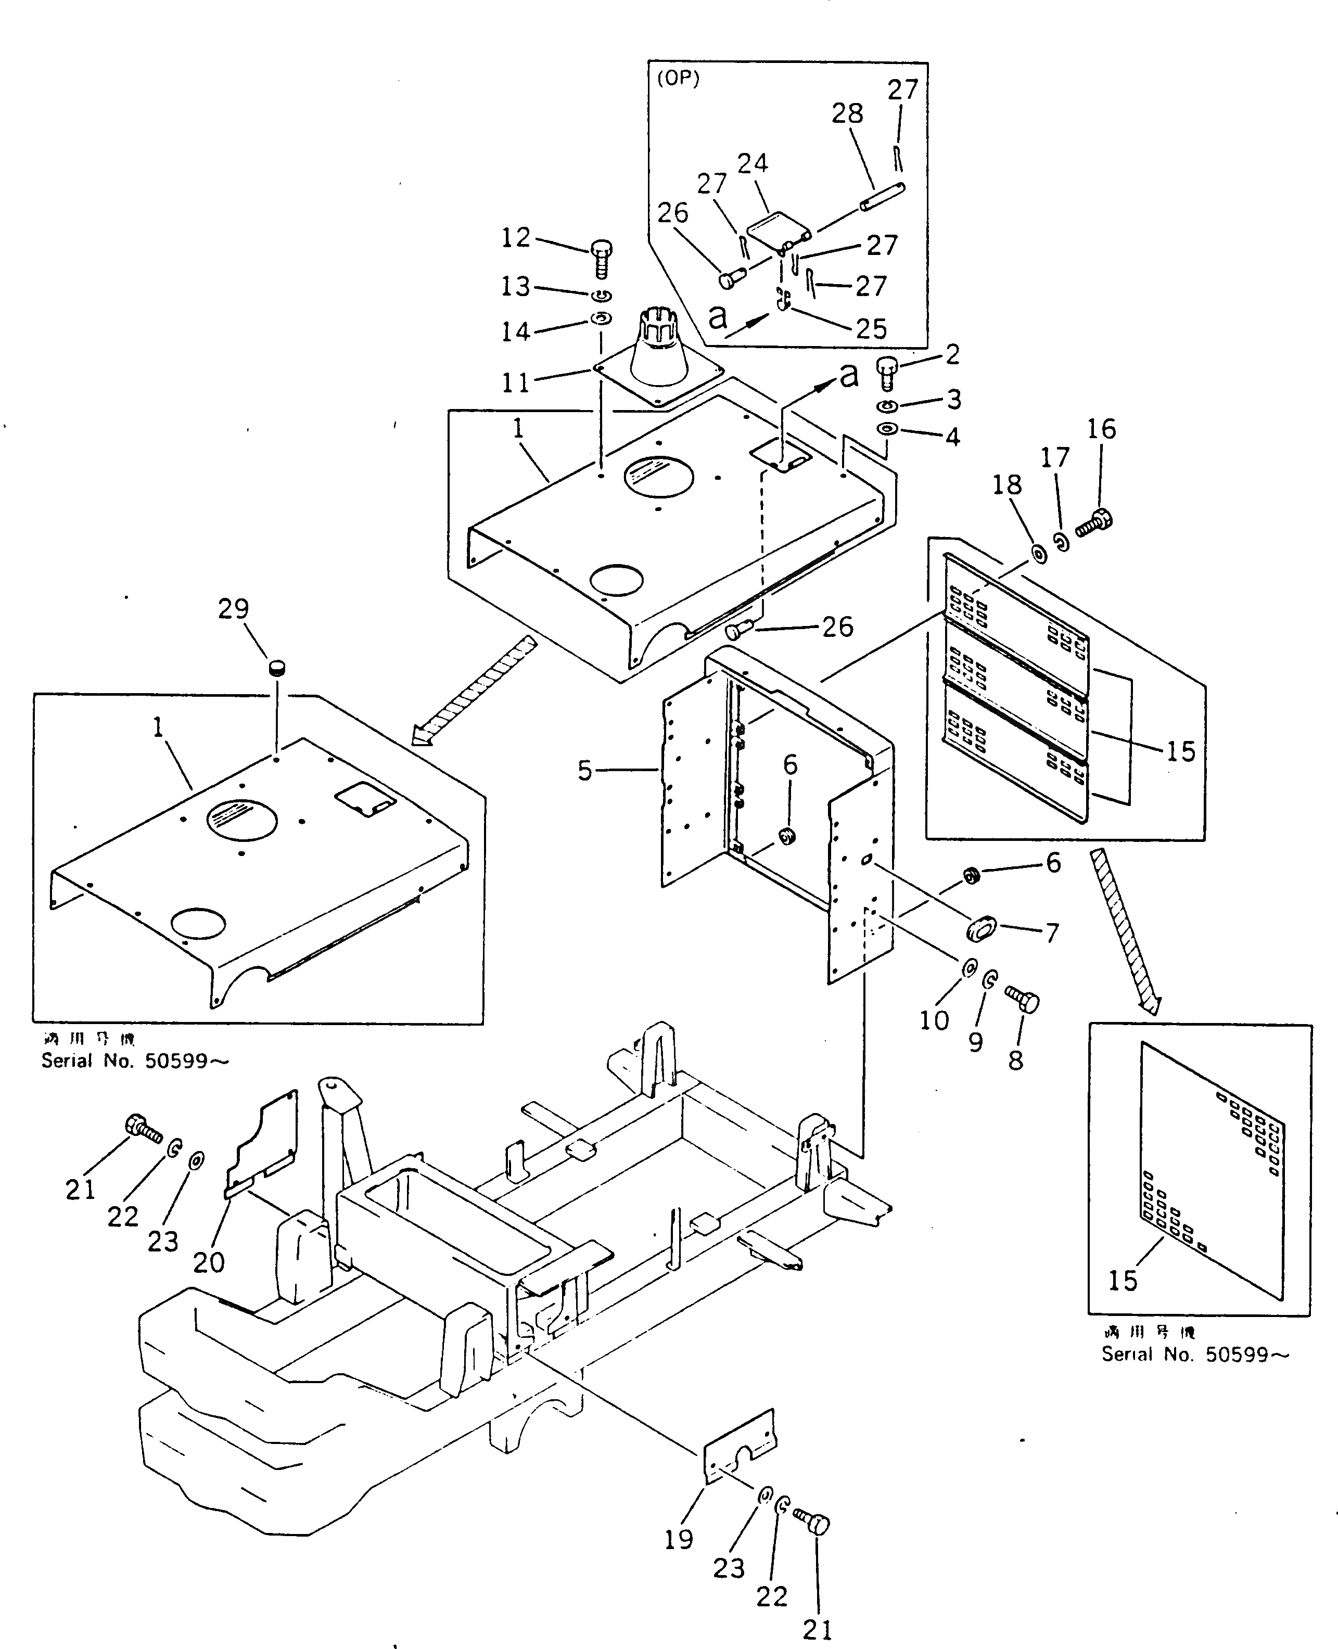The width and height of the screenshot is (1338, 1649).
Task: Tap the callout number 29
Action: pyautogui.click(x=234, y=609)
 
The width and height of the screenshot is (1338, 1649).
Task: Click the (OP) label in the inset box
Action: pyautogui.click(x=678, y=80)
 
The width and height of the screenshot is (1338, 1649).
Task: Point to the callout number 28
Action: pyautogui.click(x=847, y=114)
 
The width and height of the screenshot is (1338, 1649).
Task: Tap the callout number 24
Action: pyautogui.click(x=752, y=163)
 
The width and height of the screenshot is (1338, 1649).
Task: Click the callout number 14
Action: pyautogui.click(x=516, y=331)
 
